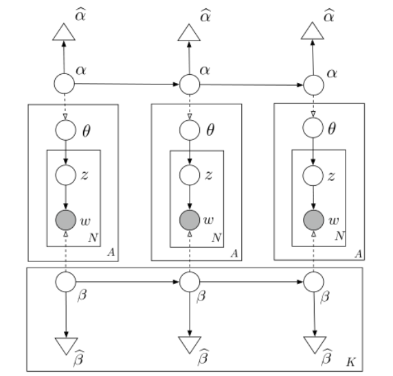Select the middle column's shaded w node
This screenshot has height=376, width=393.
[189, 221]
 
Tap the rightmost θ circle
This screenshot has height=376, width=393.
[314, 128]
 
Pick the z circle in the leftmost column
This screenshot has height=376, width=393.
[65, 174]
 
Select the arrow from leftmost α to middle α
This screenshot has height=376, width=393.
[127, 84]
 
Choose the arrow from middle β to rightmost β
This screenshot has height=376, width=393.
[251, 280]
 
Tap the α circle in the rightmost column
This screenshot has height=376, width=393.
[314, 85]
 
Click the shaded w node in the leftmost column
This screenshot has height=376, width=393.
[65, 221]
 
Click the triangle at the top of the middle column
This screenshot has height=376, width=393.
[189, 32]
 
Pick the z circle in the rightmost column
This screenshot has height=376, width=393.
[314, 174]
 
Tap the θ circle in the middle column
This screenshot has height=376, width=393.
[189, 128]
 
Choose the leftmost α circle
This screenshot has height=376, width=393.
[64, 84]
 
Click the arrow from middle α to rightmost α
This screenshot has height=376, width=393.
[251, 84]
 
